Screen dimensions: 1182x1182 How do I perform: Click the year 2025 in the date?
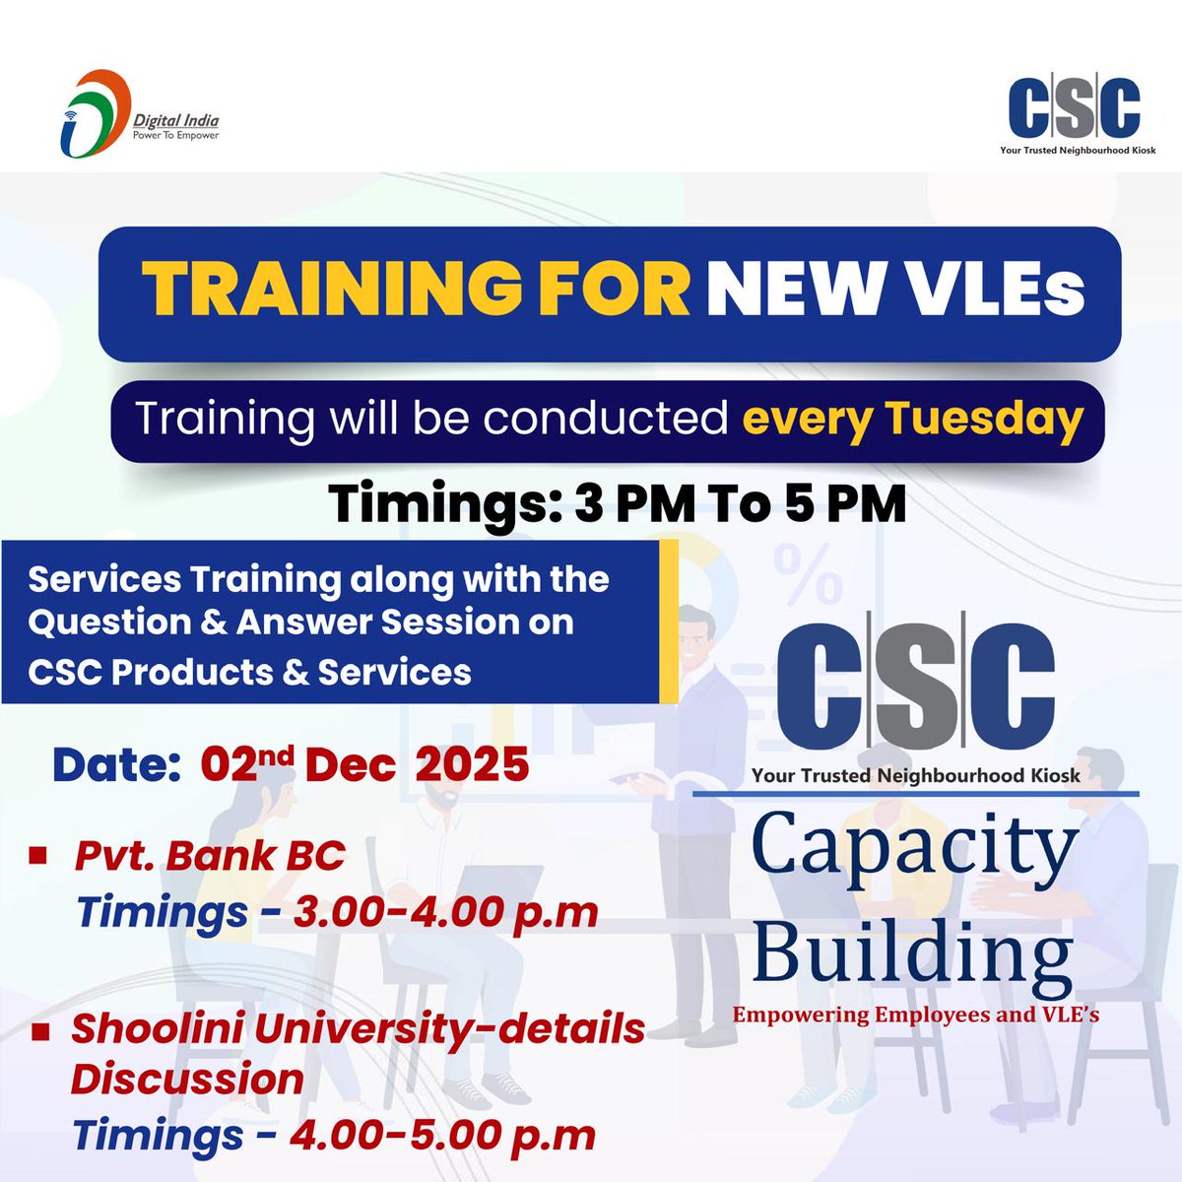coord(472,765)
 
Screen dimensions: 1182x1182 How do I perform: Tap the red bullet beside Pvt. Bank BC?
coord(39,855)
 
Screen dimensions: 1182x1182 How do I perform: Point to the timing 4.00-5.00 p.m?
coord(442,1135)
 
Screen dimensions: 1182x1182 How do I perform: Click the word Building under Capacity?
coord(912,952)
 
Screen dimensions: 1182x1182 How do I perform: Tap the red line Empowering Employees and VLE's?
coord(915,1015)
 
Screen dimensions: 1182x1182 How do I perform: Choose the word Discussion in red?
coord(187,1079)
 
